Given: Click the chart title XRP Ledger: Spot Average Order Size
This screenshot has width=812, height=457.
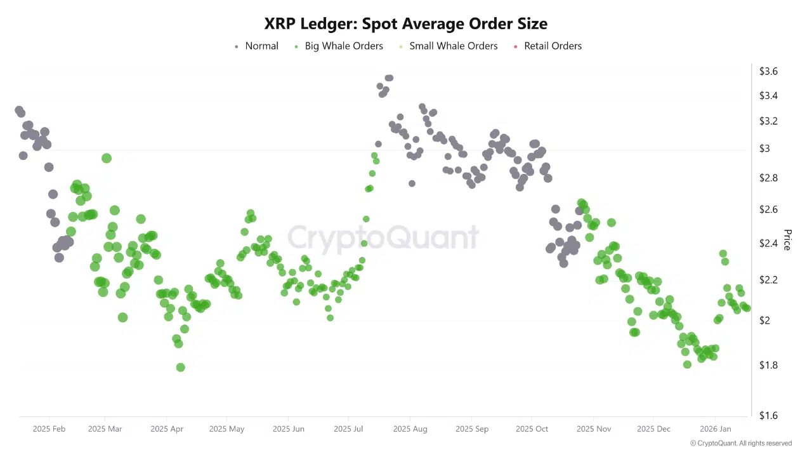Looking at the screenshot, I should pyautogui.click(x=406, y=24).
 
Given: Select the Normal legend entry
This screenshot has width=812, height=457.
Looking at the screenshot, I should pyautogui.click(x=256, y=46).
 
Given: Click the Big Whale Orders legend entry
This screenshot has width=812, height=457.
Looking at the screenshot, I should pyautogui.click(x=339, y=46).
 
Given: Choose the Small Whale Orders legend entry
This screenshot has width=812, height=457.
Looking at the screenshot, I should pyautogui.click(x=448, y=46).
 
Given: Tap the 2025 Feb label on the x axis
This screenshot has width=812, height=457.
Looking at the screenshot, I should pyautogui.click(x=49, y=429).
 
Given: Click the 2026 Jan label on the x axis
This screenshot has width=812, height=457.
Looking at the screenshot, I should pyautogui.click(x=715, y=429).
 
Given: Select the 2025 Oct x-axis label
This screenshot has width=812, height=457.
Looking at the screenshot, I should pyautogui.click(x=532, y=429).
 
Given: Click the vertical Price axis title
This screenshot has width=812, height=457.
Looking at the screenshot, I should pyautogui.click(x=787, y=240).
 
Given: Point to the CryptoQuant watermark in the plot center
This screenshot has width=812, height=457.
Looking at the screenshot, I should pyautogui.click(x=383, y=237).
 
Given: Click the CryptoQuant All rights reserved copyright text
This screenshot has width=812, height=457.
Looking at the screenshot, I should pyautogui.click(x=741, y=443).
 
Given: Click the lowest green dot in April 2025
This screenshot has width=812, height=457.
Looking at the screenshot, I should pyautogui.click(x=180, y=368).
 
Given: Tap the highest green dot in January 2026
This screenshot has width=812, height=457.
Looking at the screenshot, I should pyautogui.click(x=723, y=254).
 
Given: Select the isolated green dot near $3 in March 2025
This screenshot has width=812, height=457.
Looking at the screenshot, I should pyautogui.click(x=107, y=158).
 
